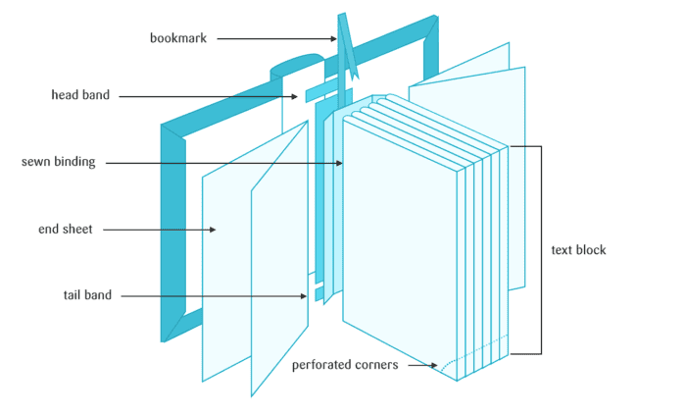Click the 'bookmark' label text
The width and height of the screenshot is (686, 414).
[x=177, y=38]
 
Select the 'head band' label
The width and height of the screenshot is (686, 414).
[x=80, y=95]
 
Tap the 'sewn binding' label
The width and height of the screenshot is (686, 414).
[x=58, y=162]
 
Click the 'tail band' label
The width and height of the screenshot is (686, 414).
[x=81, y=294]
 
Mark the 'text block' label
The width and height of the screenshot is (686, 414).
[x=578, y=250]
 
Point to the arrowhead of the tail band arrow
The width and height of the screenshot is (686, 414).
[x=306, y=294]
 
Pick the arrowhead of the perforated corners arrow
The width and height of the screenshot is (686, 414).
[x=435, y=366]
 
